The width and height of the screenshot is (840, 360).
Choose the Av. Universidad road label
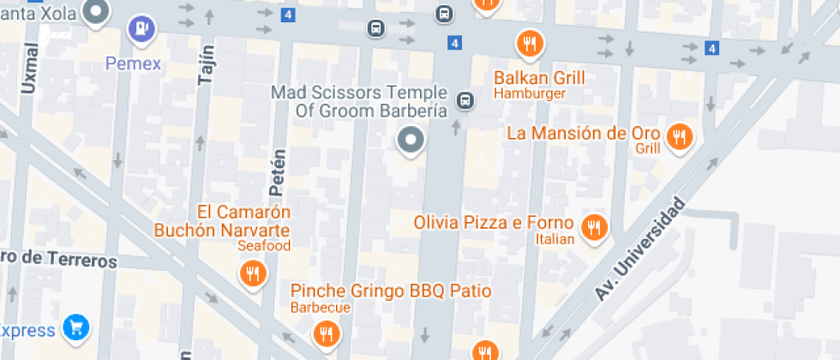pos(641,248)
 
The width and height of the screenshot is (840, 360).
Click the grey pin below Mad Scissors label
pos(411,140)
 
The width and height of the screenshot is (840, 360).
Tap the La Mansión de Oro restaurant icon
pos(680,136)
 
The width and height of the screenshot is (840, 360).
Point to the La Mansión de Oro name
pos(584,133)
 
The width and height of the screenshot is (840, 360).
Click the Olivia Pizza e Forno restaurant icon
pos(592,226)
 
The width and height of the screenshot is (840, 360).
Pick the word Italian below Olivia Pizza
pos(555,239)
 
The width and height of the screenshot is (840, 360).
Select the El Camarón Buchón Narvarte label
pos(222,221)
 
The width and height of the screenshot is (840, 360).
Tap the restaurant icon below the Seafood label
pos(253,273)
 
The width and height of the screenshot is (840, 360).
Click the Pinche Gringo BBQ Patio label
pos(391,291)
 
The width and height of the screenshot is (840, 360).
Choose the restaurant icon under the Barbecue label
pos(325,333)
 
